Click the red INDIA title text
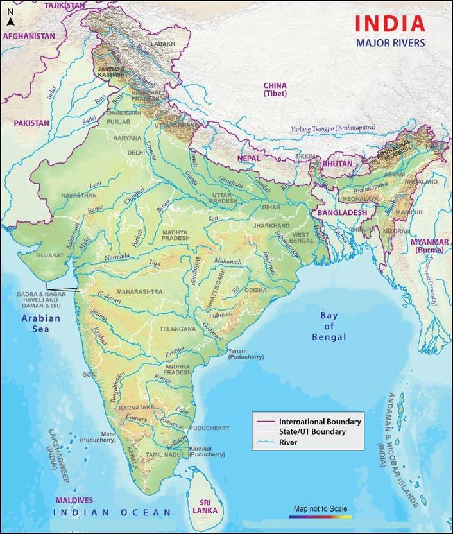pyautogui.click(x=390, y=24)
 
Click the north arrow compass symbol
pyautogui.click(x=10, y=22)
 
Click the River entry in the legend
pyautogui.click(x=290, y=442)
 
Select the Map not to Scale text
pyautogui.click(x=320, y=509)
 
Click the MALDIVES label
pyautogui.click(x=74, y=500)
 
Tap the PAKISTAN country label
pyautogui.click(x=31, y=123)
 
